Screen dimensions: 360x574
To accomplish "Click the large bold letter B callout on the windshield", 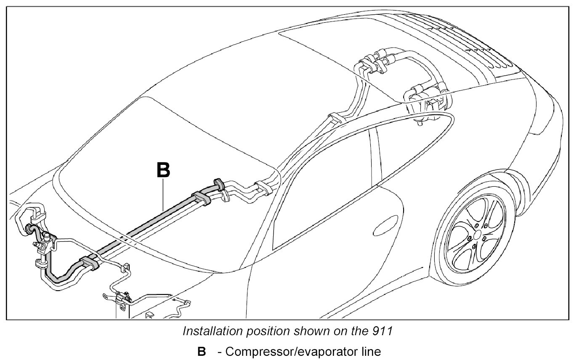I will (163, 170).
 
